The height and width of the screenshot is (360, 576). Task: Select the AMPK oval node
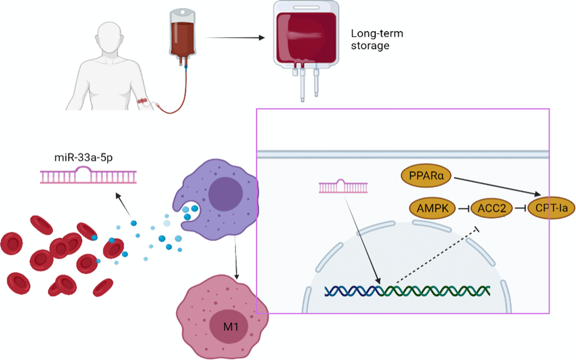tap(434, 209)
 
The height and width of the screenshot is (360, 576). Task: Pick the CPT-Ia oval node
tap(552, 209)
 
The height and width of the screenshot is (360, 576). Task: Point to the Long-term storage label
tap(377, 39)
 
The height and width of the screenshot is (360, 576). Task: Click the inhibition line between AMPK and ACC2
tap(464, 209)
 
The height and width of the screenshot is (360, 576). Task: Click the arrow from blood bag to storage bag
tap(234, 38)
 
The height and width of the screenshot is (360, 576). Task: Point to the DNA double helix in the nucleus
tap(407, 291)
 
